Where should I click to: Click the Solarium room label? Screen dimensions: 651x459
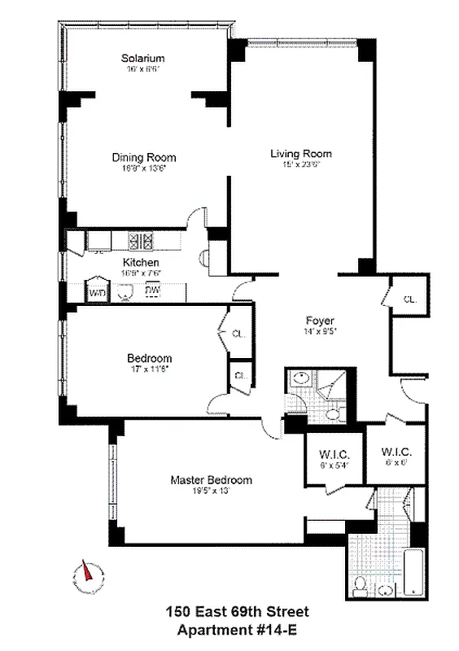point(143,59)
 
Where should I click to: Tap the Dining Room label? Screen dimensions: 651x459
point(143,158)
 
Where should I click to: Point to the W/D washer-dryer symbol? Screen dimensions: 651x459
point(97,292)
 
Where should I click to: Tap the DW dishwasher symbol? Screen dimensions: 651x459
point(152,291)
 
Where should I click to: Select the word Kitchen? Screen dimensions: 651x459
point(141,262)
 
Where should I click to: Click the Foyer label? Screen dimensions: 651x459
point(320,321)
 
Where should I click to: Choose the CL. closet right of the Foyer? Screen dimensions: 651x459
point(409,299)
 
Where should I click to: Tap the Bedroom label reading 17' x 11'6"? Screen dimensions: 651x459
point(149,359)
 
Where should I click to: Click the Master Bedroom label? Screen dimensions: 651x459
point(211,479)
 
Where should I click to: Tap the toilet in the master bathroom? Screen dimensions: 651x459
point(361,584)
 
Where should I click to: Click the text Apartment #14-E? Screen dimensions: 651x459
point(238,629)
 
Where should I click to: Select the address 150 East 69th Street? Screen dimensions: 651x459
point(238,612)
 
